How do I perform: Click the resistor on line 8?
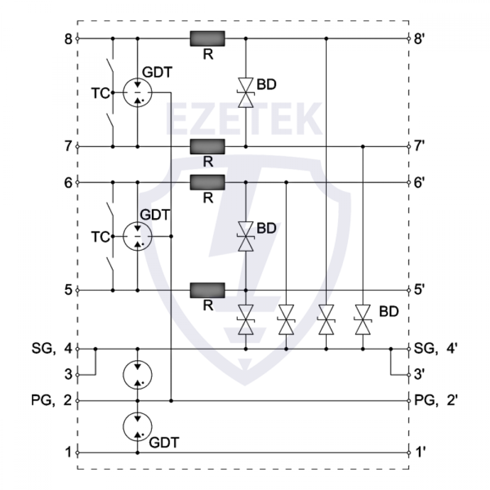tap(207, 38)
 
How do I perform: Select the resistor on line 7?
tap(207, 146)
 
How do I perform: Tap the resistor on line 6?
tap(207, 182)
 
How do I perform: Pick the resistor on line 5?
tap(207, 290)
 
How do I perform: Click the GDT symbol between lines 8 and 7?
tap(137, 92)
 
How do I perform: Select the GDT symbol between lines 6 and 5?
tap(137, 236)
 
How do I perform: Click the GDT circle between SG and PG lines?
tap(137, 375)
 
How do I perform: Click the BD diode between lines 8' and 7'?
tap(245, 92)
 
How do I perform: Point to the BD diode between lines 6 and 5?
tap(245, 236)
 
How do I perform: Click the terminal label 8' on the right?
tap(419, 39)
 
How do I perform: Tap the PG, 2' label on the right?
tap(436, 401)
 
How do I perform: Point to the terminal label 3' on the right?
tap(420, 375)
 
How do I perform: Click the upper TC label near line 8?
tap(100, 93)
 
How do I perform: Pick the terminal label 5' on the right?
tap(419, 291)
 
